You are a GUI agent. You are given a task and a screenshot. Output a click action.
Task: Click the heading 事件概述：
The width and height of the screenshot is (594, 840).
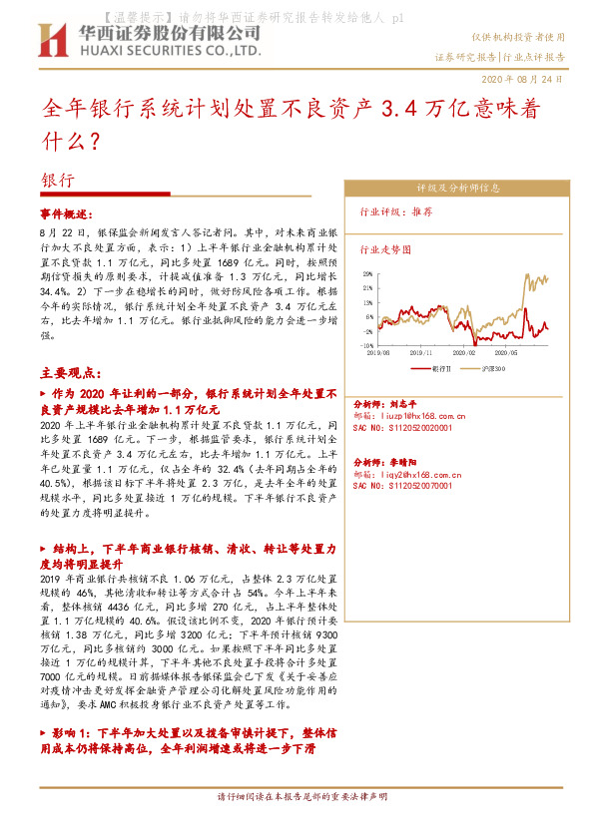65,214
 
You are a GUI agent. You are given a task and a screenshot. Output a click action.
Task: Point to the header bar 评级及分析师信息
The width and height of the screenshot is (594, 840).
458,188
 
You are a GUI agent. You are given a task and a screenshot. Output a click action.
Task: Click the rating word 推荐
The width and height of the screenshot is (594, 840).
421,212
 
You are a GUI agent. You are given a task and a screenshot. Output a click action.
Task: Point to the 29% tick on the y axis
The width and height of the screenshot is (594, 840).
368,271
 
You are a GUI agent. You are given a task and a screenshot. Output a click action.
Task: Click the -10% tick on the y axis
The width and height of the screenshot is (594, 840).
367,345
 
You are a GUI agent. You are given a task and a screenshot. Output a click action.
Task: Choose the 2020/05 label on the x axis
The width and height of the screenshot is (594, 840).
520,352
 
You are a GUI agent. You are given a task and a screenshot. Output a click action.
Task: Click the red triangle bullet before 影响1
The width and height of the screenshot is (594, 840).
43,732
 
